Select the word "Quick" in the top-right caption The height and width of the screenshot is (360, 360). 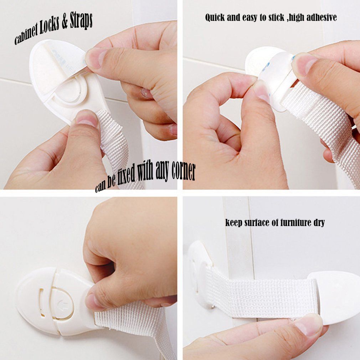point(215,17)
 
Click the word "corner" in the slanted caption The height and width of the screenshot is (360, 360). point(184,172)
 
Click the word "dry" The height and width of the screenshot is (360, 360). point(319,223)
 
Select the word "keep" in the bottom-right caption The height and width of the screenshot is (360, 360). point(233,223)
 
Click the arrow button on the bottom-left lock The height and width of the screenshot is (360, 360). point(62,304)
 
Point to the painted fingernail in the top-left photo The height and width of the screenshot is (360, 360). point(146,93)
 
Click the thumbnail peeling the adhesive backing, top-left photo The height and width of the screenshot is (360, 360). point(95,58)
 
